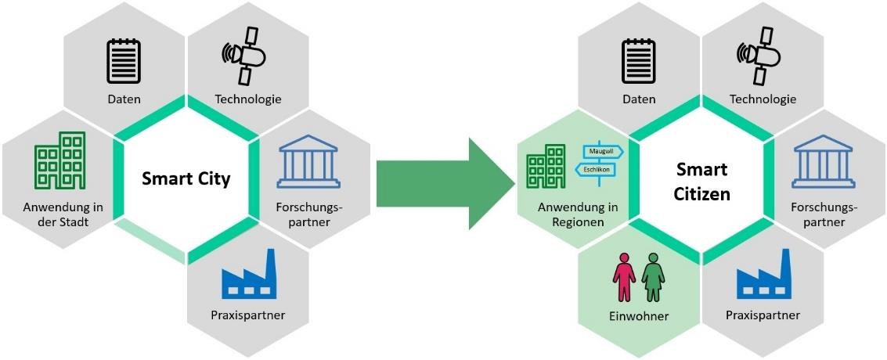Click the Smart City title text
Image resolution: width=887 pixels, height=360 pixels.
[x=186, y=179]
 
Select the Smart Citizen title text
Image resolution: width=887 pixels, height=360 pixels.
[x=702, y=182]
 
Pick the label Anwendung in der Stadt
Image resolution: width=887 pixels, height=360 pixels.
[x=63, y=215]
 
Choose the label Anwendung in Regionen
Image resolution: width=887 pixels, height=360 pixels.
[x=578, y=215]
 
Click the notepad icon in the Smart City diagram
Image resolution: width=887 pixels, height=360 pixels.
[x=122, y=62]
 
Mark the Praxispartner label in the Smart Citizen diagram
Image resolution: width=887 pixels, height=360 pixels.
[x=763, y=315]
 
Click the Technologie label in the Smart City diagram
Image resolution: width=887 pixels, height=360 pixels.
[x=248, y=99]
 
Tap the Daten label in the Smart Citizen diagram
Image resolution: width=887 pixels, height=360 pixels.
[x=639, y=99]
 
